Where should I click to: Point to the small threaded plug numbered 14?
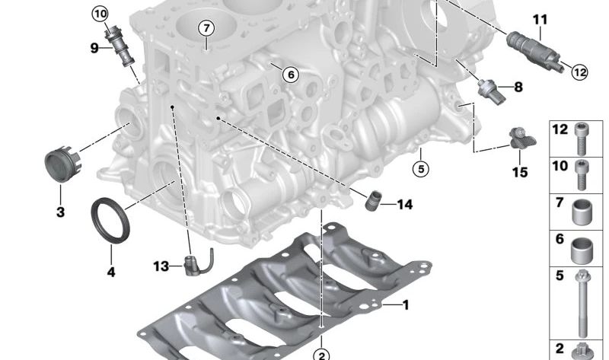tap(373, 203)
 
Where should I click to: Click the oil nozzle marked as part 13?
tap(193, 264)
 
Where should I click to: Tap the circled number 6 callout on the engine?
tap(289, 75)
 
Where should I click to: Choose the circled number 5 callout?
tap(421, 167)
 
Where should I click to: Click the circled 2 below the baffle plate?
tap(322, 355)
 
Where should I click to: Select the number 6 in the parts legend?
tap(560, 240)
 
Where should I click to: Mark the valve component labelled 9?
tap(120, 46)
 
